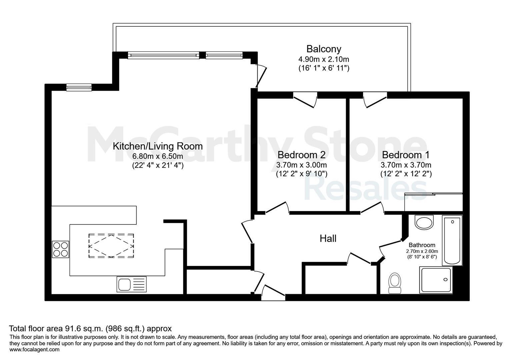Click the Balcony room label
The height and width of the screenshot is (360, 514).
pos(324,49)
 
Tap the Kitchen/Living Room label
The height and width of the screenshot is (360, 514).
pos(158,146)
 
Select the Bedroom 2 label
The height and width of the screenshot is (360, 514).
pos(302,155)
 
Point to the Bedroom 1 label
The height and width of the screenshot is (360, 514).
pos(406,155)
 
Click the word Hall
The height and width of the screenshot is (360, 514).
pos(328,239)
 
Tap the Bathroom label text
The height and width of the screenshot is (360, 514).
pos(422,245)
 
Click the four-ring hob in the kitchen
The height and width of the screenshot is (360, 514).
pos(60,249)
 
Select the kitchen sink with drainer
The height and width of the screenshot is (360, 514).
pos(131,284)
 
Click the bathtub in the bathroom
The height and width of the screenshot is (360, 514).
pos(452,240)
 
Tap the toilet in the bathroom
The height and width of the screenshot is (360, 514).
pos(395,283)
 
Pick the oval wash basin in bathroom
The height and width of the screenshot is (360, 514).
pos(424,222)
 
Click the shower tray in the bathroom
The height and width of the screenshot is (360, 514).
pos(436,280)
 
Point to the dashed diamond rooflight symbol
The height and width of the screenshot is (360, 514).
pos(111,246)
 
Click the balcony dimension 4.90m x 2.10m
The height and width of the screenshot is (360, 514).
pos(324,59)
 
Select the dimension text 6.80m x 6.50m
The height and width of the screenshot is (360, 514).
pos(158,156)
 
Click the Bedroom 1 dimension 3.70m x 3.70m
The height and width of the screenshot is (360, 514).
pos(406,165)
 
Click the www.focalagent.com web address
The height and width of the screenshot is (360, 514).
pos(34,350)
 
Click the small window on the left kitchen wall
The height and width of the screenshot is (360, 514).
pos(79,87)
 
